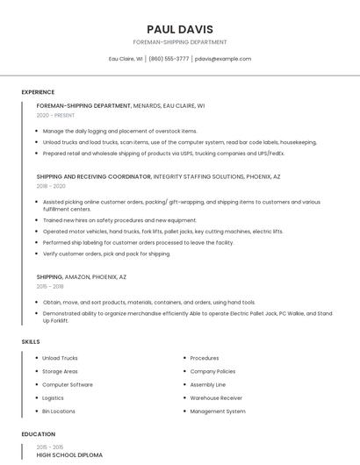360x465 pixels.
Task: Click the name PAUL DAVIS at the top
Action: [179, 29]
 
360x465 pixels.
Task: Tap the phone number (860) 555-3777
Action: [169, 59]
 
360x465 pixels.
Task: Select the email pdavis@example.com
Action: [223, 59]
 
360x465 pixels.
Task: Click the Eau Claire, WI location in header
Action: [126, 59]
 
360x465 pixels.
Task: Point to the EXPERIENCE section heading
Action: [38, 92]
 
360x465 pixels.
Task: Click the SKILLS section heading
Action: [31, 341]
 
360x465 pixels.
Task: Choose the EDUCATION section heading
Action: [38, 434]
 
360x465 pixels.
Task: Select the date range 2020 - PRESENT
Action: [55, 115]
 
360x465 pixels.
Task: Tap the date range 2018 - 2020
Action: [51, 186]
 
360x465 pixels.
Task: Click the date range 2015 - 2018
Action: [50, 287]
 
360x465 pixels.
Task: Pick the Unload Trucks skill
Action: [60, 358]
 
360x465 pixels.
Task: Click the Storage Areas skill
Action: [60, 371]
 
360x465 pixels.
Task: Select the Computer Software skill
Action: [68, 384]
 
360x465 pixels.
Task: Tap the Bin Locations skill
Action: [59, 411]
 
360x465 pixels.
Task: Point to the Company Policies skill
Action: [212, 371]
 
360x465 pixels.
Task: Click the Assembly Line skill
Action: [208, 384]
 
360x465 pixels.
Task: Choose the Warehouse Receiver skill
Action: [216, 397]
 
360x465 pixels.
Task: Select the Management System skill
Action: [218, 411]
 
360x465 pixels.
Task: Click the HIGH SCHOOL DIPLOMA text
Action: [69, 455]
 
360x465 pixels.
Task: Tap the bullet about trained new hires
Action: [119, 220]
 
